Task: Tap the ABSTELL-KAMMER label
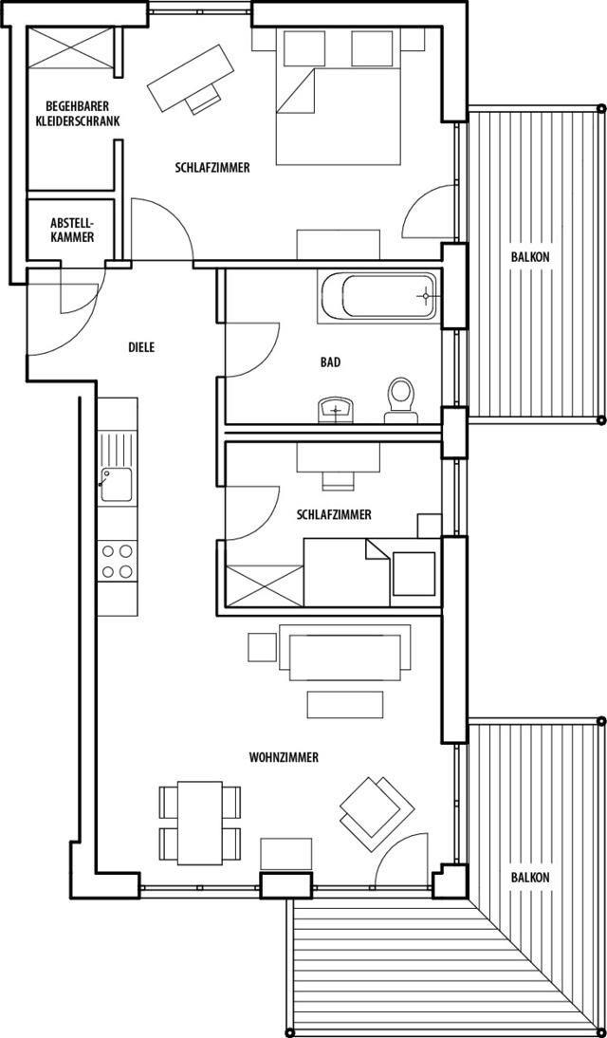(72, 230)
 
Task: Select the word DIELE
(141, 347)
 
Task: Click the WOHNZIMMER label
(284, 756)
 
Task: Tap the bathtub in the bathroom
(379, 297)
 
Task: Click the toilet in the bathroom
(400, 399)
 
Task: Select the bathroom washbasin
(337, 410)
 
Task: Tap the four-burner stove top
(118, 560)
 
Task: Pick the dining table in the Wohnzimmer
(200, 823)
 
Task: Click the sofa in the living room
(345, 653)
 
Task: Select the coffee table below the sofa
(345, 704)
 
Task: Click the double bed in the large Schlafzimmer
(338, 97)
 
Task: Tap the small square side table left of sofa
(262, 647)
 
